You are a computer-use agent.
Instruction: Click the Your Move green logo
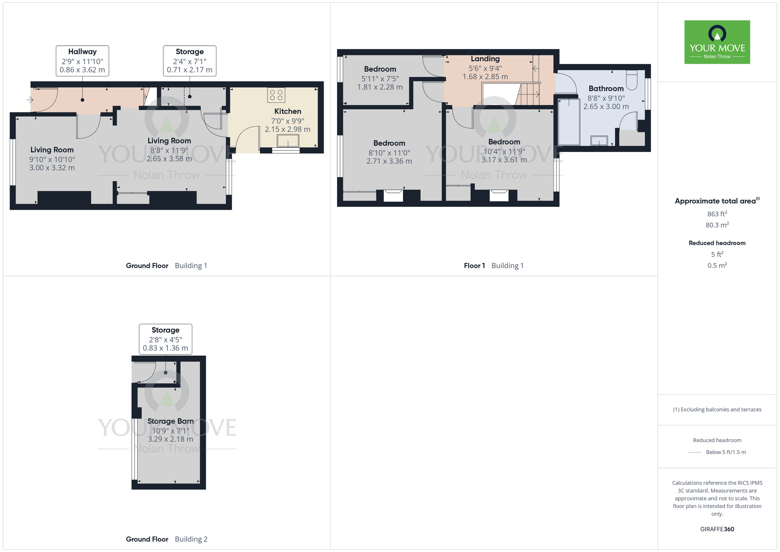pyautogui.click(x=717, y=42)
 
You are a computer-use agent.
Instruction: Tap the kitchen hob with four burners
pyautogui.click(x=276, y=95)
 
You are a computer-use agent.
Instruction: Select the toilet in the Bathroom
pyautogui.click(x=631, y=80)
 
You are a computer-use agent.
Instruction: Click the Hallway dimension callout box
pyautogui.click(x=82, y=61)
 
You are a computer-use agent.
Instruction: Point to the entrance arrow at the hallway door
pyautogui.click(x=30, y=100)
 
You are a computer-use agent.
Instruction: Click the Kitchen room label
pyautogui.click(x=287, y=112)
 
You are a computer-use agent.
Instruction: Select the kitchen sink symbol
pyautogui.click(x=288, y=141)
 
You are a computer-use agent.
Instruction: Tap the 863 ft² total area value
pyautogui.click(x=717, y=214)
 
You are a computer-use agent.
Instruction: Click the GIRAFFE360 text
pyautogui.click(x=717, y=529)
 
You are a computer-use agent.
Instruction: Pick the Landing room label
pyautogui.click(x=485, y=59)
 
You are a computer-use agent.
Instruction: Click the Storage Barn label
pyautogui.click(x=170, y=421)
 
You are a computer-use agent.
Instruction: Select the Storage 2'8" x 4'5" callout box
pyautogui.click(x=165, y=339)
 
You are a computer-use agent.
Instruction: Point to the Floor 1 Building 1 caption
pyautogui.click(x=493, y=266)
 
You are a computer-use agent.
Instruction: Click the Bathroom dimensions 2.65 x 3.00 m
pyautogui.click(x=606, y=107)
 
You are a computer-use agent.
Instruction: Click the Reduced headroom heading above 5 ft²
pyautogui.click(x=717, y=243)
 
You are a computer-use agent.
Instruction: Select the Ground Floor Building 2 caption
pyautogui.click(x=167, y=539)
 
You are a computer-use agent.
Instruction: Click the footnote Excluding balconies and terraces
pyautogui.click(x=717, y=410)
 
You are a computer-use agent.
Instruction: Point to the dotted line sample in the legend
pyautogui.click(x=695, y=452)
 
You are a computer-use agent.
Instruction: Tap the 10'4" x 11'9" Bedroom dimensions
pyautogui.click(x=504, y=151)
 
